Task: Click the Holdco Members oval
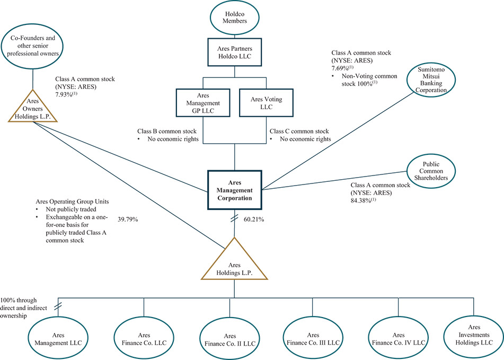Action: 234,17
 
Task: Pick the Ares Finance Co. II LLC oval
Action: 229,340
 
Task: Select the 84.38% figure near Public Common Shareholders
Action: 364,200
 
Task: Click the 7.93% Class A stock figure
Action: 67,95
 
